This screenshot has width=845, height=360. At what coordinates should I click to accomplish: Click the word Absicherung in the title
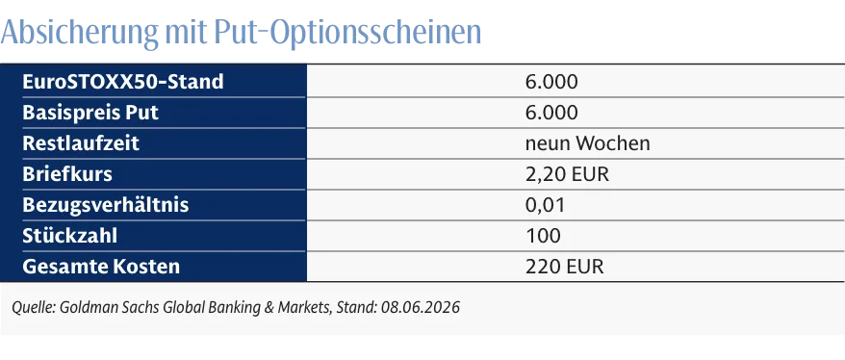(80, 33)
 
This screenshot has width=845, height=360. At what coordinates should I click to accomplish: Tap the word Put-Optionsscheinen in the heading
(347, 33)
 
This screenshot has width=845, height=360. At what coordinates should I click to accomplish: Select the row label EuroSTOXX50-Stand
(123, 82)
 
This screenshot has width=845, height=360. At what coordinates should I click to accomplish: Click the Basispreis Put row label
(90, 114)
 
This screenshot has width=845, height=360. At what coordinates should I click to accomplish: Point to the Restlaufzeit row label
(81, 143)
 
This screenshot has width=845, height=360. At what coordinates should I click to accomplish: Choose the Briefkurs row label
(67, 174)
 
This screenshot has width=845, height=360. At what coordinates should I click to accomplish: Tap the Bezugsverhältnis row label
(106, 205)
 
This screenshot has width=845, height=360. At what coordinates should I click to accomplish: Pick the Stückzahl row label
(69, 236)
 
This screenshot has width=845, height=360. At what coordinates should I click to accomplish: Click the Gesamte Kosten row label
(101, 267)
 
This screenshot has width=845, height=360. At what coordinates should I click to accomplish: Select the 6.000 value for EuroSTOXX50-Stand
(551, 82)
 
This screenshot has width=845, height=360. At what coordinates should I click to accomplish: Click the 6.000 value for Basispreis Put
(551, 114)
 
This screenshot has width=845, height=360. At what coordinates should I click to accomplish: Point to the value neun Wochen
(587, 143)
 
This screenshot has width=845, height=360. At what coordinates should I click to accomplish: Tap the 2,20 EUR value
(567, 174)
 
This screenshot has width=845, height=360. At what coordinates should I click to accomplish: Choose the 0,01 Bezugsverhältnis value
(545, 205)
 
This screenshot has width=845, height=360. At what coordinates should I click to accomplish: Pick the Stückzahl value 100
(543, 236)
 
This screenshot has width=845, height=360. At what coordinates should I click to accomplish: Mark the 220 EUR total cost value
(564, 267)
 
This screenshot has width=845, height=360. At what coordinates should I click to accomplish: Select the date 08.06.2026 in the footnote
(421, 308)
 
